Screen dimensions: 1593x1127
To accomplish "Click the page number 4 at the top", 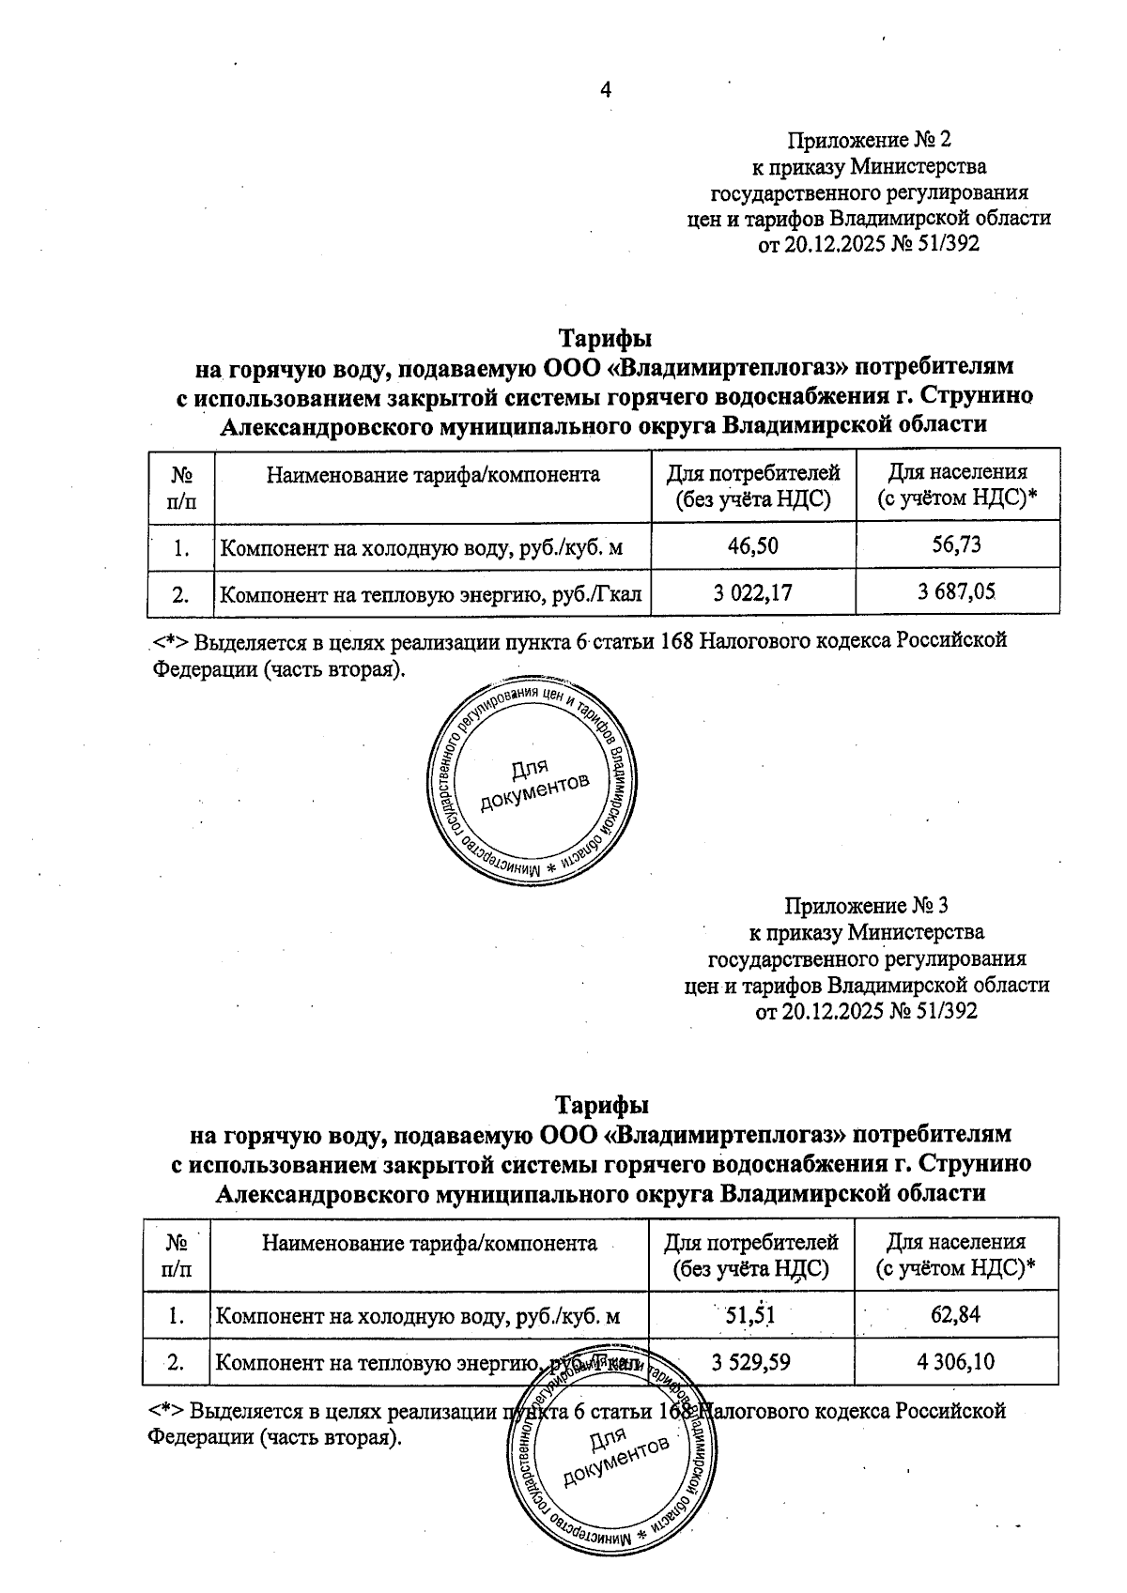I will pos(606,90).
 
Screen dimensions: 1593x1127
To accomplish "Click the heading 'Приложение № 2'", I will pos(869,141).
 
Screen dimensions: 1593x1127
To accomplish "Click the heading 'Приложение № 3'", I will pos(866,906).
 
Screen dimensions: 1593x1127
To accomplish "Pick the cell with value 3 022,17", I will pos(752,593).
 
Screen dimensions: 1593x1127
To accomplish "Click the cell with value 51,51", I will pos(750,1315).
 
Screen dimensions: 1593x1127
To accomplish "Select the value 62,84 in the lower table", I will pos(955,1314).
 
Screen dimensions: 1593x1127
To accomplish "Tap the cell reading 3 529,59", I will pos(750,1362).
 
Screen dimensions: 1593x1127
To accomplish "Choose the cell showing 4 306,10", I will pos(955,1361).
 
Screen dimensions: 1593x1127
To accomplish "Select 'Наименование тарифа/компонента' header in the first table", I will pos(433,475).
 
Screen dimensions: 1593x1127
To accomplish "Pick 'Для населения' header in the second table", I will pos(955,1243).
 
